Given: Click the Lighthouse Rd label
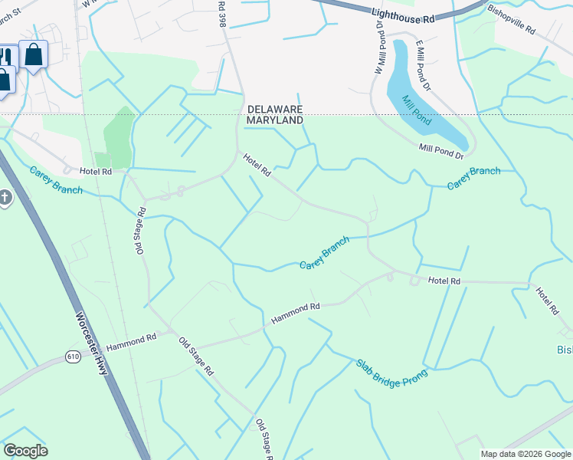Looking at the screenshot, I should click(x=401, y=16).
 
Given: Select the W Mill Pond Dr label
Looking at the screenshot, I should click(x=378, y=51).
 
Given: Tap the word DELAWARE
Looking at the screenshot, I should click(x=274, y=109).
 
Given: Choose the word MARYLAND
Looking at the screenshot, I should click(x=274, y=120).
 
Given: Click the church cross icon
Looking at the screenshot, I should click(x=5, y=199).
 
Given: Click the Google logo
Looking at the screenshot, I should click(x=25, y=451).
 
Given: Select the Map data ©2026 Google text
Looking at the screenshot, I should click(x=525, y=454).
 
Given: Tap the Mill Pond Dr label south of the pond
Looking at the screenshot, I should click(x=440, y=152).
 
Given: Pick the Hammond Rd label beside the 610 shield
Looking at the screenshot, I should click(x=131, y=342).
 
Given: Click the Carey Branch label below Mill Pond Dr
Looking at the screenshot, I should click(x=473, y=177).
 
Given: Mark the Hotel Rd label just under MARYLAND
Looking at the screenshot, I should click(x=257, y=166).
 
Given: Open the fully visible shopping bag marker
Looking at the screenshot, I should click(x=34, y=55).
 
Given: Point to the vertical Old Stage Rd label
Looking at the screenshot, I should click(x=139, y=229).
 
